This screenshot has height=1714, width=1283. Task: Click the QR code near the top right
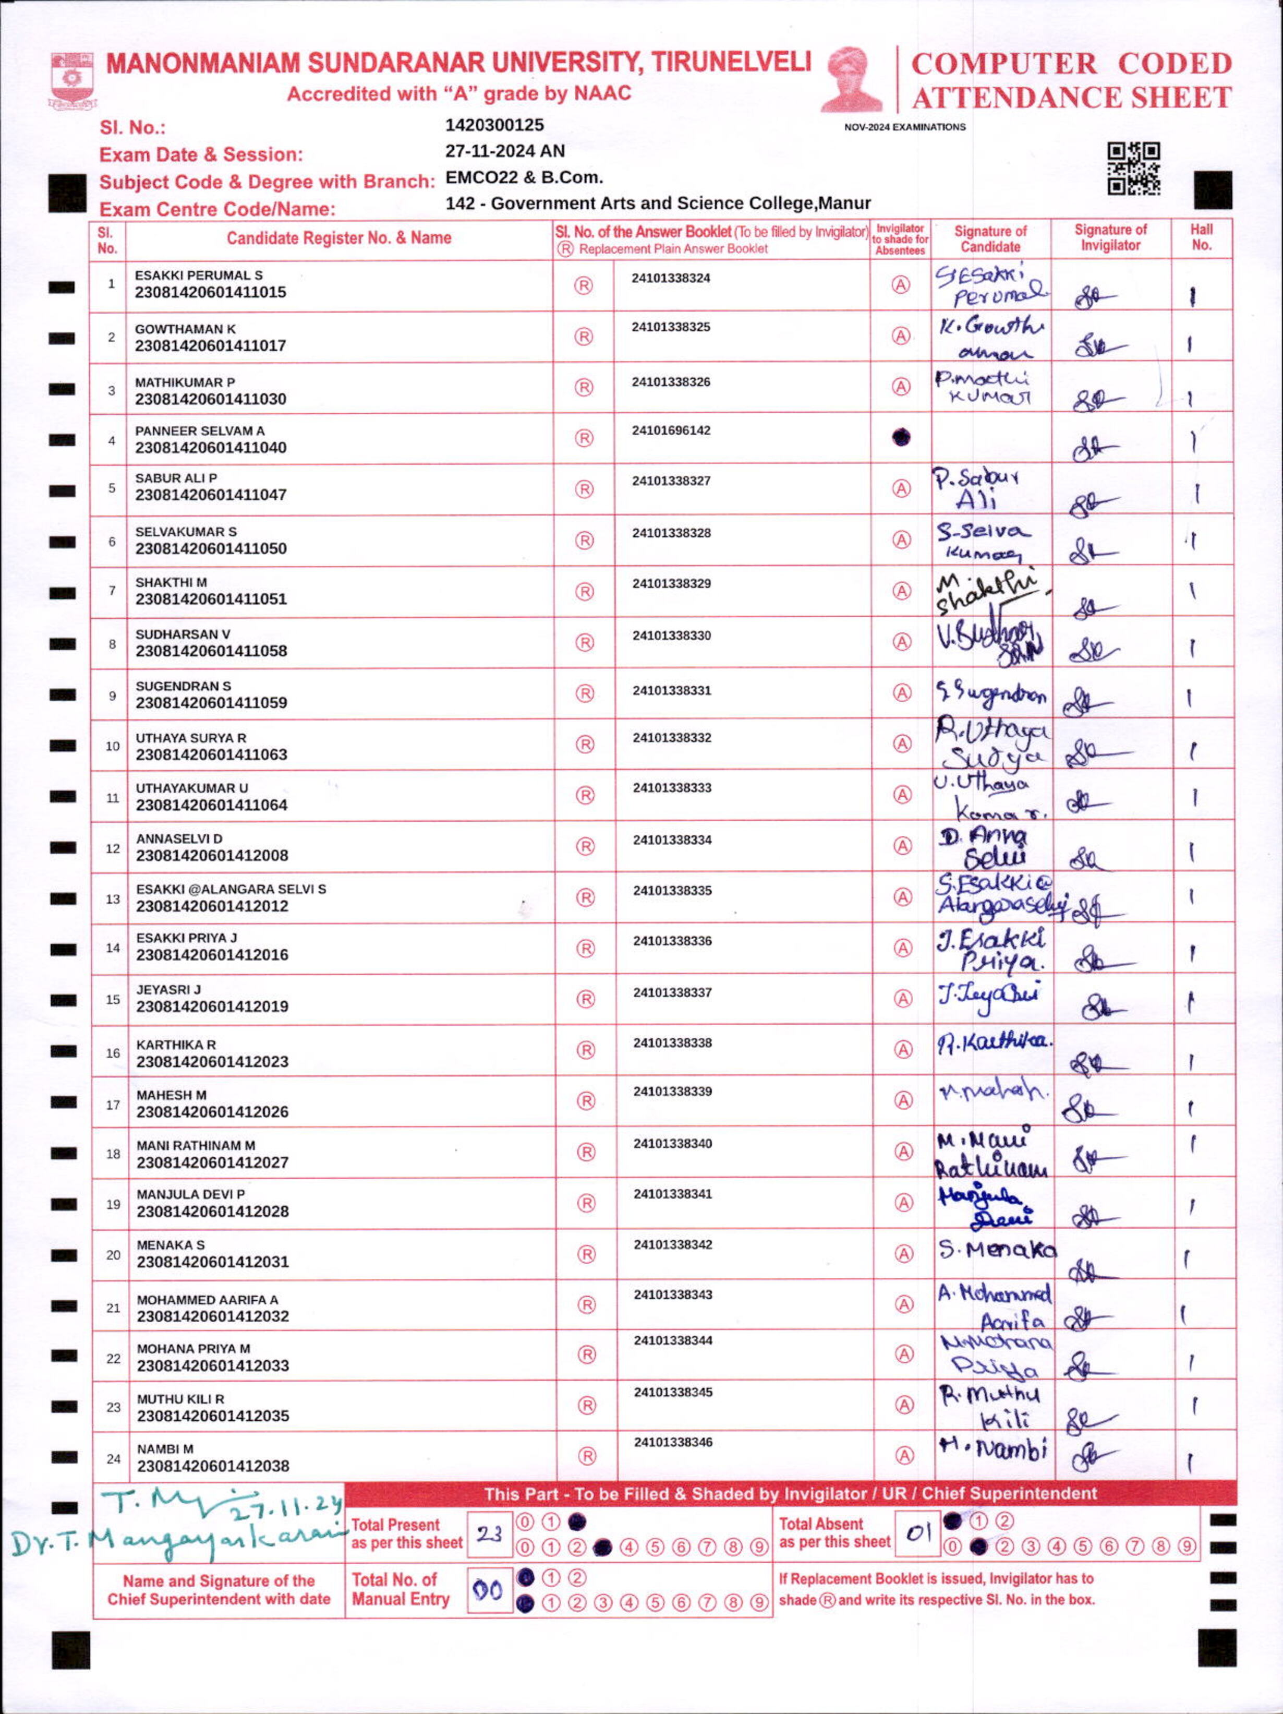pyautogui.click(x=1133, y=168)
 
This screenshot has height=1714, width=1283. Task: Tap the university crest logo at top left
pyautogui.click(x=73, y=80)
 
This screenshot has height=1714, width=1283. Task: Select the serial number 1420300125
pyautogui.click(x=494, y=125)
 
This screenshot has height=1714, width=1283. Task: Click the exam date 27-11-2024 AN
pyautogui.click(x=504, y=151)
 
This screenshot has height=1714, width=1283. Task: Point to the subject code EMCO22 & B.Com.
pyautogui.click(x=524, y=177)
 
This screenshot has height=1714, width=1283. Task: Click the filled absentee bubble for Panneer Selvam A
pyautogui.click(x=900, y=438)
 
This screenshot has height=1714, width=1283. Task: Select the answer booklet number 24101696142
pyautogui.click(x=671, y=431)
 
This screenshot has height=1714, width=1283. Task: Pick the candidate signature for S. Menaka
pyautogui.click(x=996, y=1250)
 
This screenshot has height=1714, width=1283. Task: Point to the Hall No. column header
pyautogui.click(x=1201, y=237)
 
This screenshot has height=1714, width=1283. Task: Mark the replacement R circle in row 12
pyautogui.click(x=586, y=847)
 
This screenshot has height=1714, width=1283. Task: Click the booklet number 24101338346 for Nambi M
pyautogui.click(x=672, y=1442)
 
